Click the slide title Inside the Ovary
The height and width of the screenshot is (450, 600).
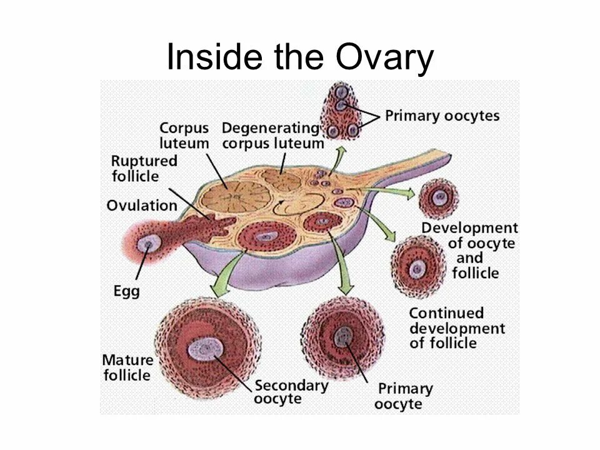tap(299, 58)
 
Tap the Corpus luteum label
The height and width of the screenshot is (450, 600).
tap(183, 135)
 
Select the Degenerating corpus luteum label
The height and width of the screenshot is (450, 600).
tap(271, 135)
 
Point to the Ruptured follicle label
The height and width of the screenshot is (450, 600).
tap(144, 168)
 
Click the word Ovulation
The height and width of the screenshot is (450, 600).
tap(141, 206)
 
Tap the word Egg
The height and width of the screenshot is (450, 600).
tap(126, 291)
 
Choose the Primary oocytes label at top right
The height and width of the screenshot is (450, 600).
tap(442, 116)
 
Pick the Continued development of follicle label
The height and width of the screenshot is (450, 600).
tap(456, 327)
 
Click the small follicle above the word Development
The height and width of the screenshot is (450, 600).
tap(440, 199)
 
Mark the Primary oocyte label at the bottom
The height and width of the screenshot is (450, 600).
tap(403, 396)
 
